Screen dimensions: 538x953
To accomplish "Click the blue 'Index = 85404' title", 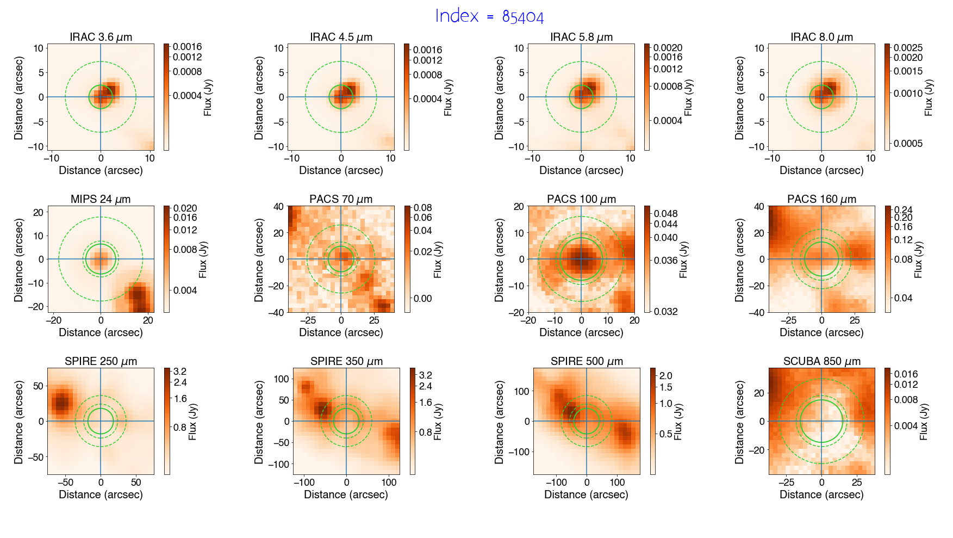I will [489, 16].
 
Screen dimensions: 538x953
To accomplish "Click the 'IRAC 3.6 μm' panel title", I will [101, 37].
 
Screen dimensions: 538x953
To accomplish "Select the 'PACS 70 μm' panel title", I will [341, 199].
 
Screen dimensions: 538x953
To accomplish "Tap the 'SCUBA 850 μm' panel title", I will [821, 361].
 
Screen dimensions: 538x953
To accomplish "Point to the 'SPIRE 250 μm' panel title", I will [101, 361].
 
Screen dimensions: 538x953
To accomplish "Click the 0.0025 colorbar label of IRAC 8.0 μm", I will [908, 48].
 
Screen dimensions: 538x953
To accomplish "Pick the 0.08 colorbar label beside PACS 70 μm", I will [423, 208].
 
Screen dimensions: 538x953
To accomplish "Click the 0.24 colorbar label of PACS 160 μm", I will [904, 210].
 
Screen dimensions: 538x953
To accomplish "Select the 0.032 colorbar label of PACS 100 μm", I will [665, 312].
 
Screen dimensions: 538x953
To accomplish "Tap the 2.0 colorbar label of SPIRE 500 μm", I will [665, 376].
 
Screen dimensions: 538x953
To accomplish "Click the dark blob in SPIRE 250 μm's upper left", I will [62, 403].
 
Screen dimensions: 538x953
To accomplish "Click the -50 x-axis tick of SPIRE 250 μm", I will [65, 483].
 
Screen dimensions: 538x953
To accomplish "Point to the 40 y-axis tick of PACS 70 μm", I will [279, 207].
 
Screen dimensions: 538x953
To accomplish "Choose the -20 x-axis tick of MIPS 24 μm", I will [53, 320].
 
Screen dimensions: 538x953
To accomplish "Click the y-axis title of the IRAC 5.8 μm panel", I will [499, 97].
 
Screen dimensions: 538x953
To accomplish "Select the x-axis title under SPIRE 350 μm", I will [346, 494].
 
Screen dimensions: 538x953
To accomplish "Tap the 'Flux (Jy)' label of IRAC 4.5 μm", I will [448, 97].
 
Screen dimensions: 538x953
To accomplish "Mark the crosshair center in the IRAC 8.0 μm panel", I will [821, 97].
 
